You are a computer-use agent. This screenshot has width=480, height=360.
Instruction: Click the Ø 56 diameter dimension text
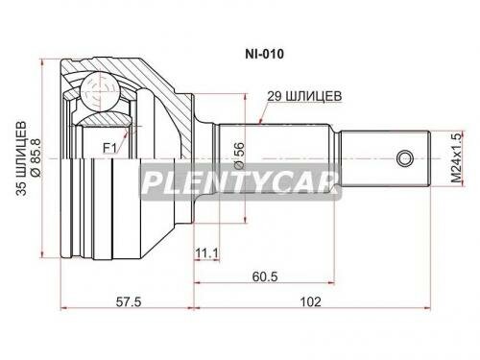coord(240,156)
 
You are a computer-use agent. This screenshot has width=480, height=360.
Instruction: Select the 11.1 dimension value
coord(207,253)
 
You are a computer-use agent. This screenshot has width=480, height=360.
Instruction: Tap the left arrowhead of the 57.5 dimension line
coord(65,310)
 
